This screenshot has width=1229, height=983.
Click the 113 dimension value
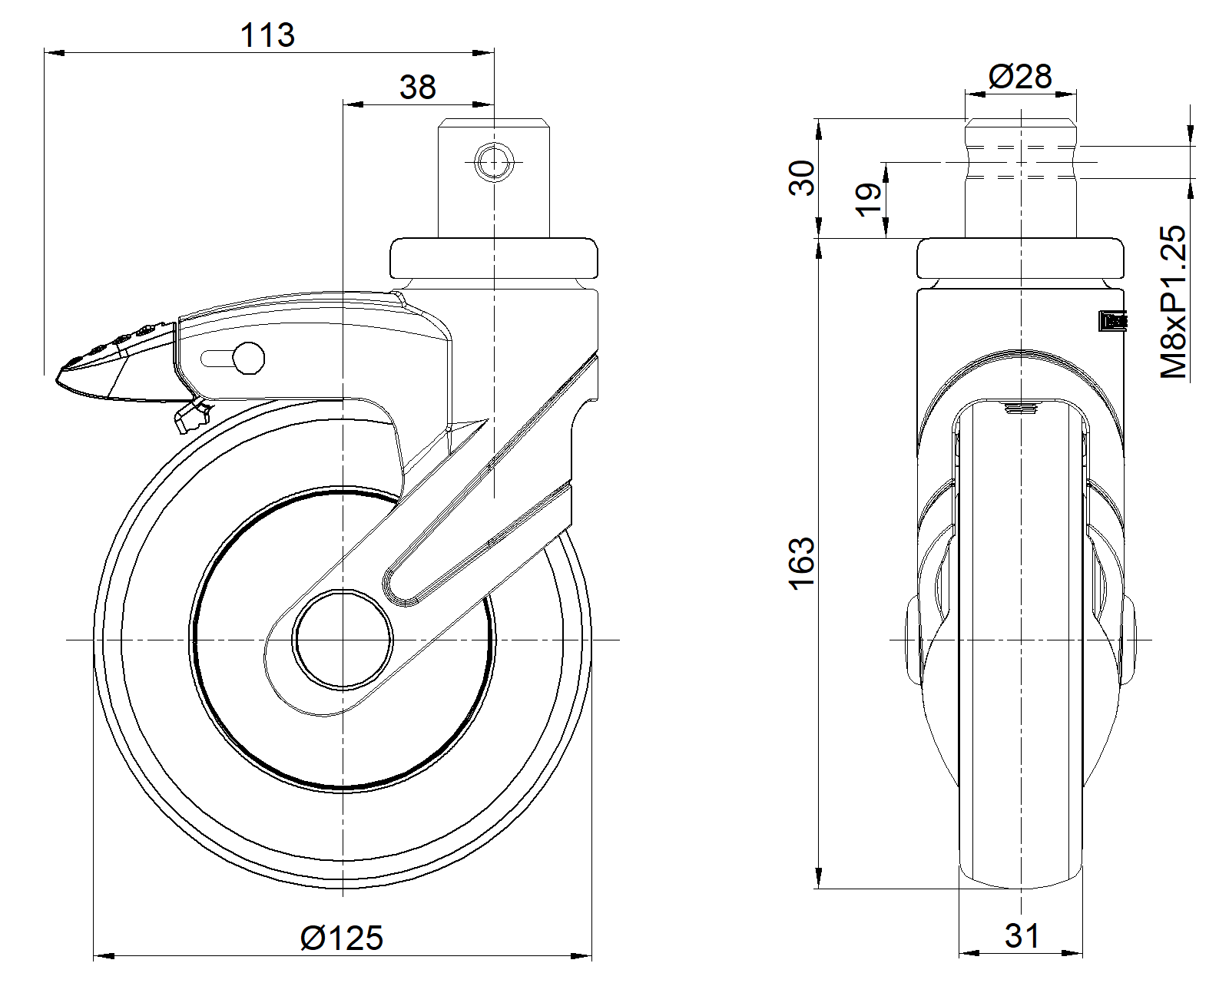pos(267,35)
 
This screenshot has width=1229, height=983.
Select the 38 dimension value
pos(417,88)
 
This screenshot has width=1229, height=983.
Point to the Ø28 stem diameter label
pos(1019,77)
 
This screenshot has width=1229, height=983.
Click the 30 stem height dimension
pos(803,178)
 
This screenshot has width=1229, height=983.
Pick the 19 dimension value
pos(869,200)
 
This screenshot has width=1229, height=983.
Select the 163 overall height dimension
pos(802,563)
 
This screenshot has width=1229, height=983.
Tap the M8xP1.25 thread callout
pos(1173,302)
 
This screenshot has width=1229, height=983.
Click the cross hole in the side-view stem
pos(494,162)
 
